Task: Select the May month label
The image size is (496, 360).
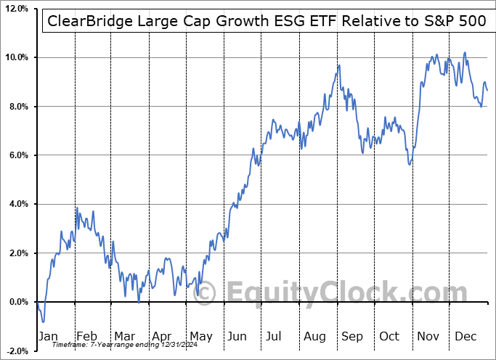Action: pos(201,337)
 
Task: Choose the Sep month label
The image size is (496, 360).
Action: pos(351,337)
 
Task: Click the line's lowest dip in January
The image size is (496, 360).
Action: pos(44,322)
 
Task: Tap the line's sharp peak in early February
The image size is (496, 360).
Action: pos(77,208)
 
